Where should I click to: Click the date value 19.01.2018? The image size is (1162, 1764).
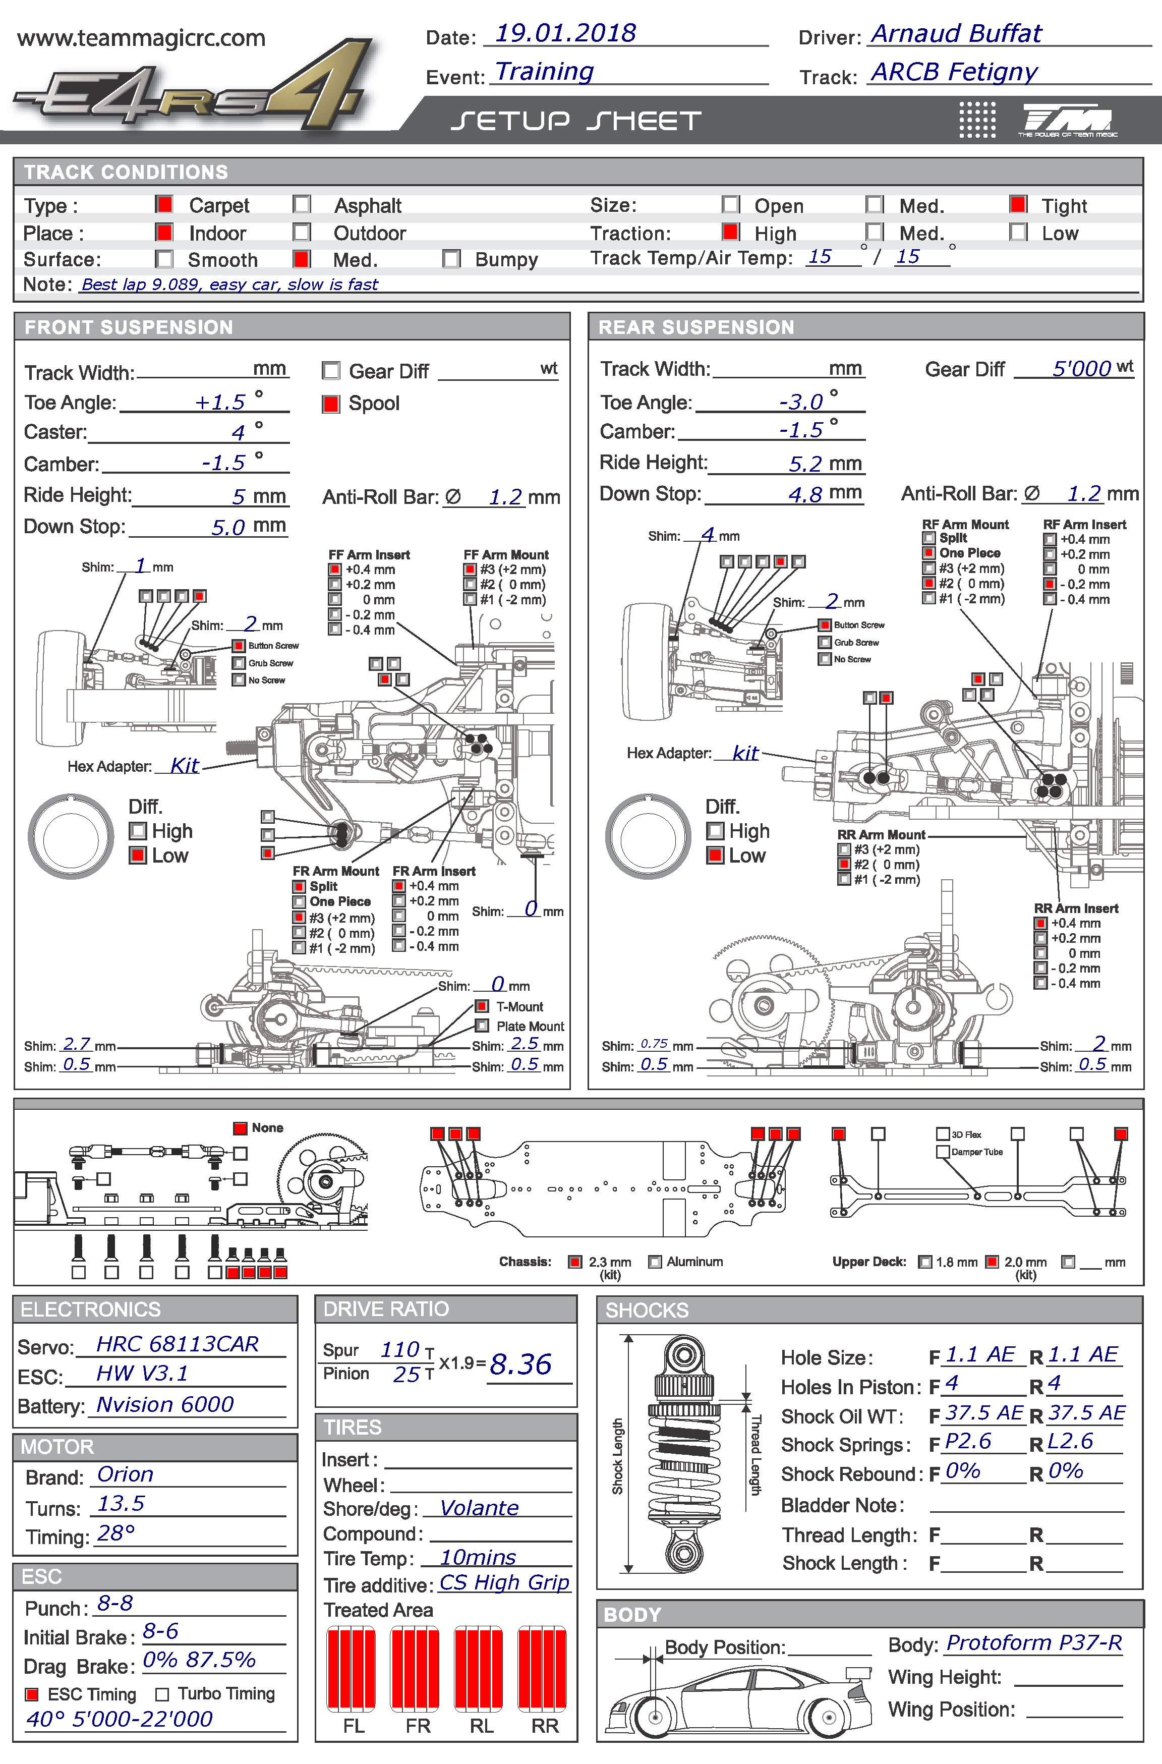pos(565,33)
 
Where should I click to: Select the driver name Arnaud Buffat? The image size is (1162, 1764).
pos(956,34)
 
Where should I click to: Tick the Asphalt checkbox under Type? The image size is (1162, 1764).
pos(302,205)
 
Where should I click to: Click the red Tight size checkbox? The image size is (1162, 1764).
pos(1018,205)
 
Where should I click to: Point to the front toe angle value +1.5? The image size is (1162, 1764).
pos(219,403)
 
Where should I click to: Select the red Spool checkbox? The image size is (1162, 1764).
pos(330,404)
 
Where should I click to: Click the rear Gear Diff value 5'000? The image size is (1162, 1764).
pos(1081,368)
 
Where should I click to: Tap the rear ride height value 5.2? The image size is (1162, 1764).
pos(805,464)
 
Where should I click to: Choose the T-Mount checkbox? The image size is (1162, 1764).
pos(482,1006)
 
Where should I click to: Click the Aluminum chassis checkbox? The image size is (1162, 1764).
pos(654,1262)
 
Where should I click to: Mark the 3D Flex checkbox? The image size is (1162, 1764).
pos(943,1134)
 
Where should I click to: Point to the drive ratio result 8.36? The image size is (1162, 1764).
pos(521,1364)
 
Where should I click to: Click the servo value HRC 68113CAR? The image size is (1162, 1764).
pos(178,1344)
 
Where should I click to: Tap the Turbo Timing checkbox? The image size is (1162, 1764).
pos(162,1694)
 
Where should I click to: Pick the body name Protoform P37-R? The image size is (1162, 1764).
pos(1034,1643)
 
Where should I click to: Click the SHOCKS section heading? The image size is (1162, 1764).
pos(647,1311)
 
